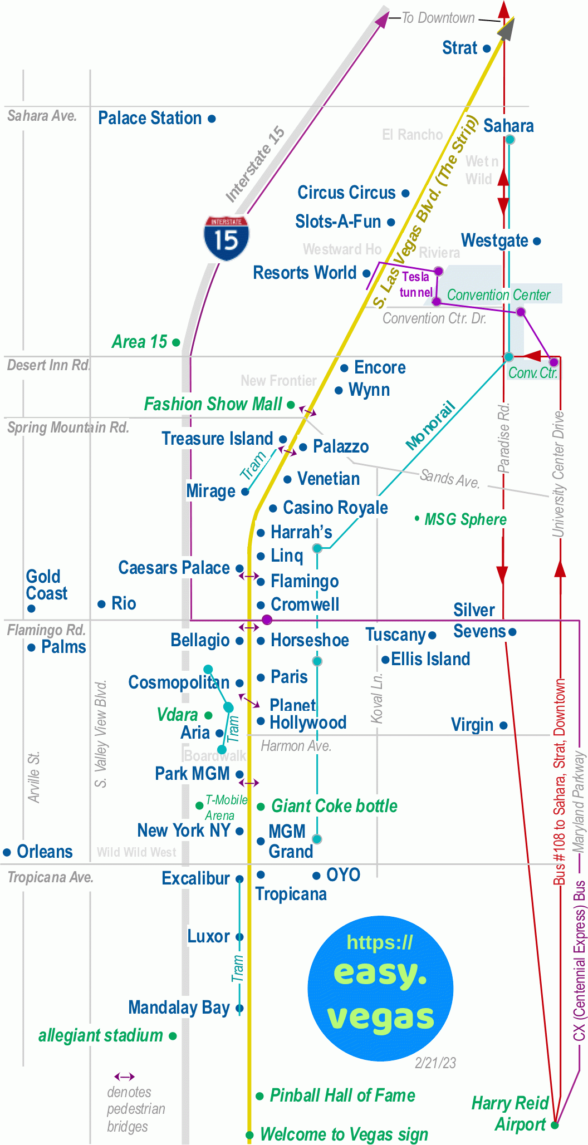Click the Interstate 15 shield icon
click(226, 238)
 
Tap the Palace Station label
click(150, 119)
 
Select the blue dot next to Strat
click(487, 49)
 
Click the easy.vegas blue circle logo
click(380, 987)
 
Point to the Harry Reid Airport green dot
click(555, 1125)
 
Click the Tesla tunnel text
click(416, 284)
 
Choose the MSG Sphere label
click(465, 520)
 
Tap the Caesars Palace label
click(174, 568)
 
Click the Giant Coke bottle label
click(334, 806)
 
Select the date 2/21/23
click(435, 1063)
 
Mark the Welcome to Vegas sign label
click(344, 1134)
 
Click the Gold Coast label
click(47, 585)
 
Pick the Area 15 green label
click(140, 342)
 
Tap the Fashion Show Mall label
click(213, 404)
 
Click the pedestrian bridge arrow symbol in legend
click(124, 1077)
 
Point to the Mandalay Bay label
click(179, 1008)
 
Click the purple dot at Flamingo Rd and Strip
click(267, 620)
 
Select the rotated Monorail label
click(430, 425)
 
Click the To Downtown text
click(438, 18)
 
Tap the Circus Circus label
click(346, 193)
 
